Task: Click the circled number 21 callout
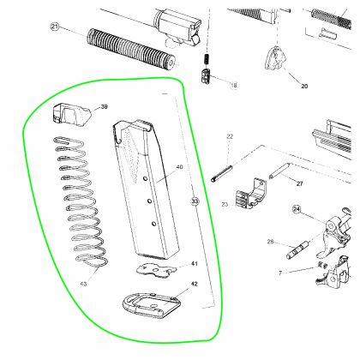point(55,27)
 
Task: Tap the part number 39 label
point(105,107)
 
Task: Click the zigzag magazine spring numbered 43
point(81,200)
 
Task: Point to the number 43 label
point(83,284)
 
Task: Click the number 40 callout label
point(179,167)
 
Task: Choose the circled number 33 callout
point(195,201)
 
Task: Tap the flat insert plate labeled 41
point(157,270)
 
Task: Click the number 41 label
point(195,263)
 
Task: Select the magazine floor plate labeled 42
point(152,305)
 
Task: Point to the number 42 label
point(195,284)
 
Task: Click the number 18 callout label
point(234,85)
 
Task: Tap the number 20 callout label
point(304,86)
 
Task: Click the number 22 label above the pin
point(230,136)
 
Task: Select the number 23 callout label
point(225,204)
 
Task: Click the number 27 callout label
point(299,183)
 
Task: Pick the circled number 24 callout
point(297,209)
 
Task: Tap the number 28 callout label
point(270,242)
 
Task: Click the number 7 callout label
point(280,273)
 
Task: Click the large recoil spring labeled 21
point(131,49)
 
